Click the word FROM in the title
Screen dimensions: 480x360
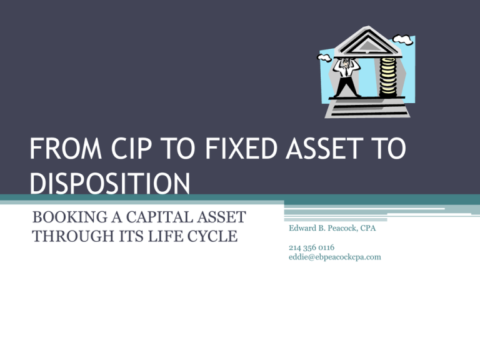coord(66,149)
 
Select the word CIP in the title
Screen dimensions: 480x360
coord(131,149)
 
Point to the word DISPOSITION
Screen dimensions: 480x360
coord(110,183)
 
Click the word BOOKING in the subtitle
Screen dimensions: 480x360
coord(70,217)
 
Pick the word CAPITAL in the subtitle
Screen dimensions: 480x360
coord(159,217)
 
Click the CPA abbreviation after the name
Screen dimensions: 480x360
coord(368,228)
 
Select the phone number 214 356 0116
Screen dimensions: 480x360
coord(312,247)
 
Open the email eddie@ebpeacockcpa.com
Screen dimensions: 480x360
coord(335,257)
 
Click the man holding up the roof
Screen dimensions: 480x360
coord(346,77)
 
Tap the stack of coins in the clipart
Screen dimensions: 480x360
coord(387,77)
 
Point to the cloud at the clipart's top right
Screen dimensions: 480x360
coord(403,39)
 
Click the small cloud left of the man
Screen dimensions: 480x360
coord(324,57)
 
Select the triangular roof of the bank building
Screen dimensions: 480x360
coord(367,42)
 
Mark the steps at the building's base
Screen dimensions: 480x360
coord(367,108)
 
